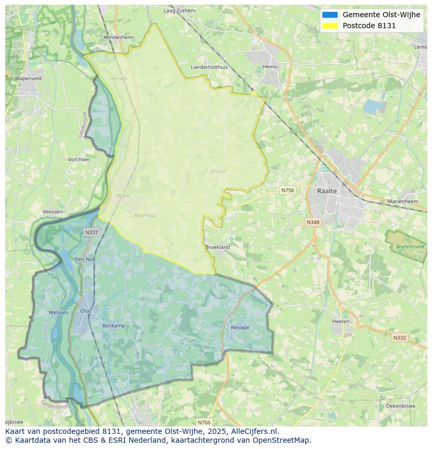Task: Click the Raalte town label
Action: tap(327, 191)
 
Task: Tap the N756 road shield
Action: tap(287, 190)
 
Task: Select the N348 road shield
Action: tap(313, 222)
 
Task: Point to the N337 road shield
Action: tap(91, 233)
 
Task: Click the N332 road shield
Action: tap(399, 338)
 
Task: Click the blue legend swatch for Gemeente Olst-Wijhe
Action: tap(330, 15)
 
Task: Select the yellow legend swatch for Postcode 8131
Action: tap(330, 26)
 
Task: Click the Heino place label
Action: tap(270, 67)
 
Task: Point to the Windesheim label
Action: tap(118, 38)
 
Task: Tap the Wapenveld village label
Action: tap(28, 78)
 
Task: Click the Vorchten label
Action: tap(79, 160)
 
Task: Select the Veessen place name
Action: tap(52, 212)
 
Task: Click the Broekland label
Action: tap(218, 247)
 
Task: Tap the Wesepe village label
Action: tap(239, 327)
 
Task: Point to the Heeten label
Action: tap(341, 321)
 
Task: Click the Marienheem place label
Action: tap(403, 201)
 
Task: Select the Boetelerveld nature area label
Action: tap(410, 246)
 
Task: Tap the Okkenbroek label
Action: tap(400, 406)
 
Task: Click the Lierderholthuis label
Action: tap(209, 67)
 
